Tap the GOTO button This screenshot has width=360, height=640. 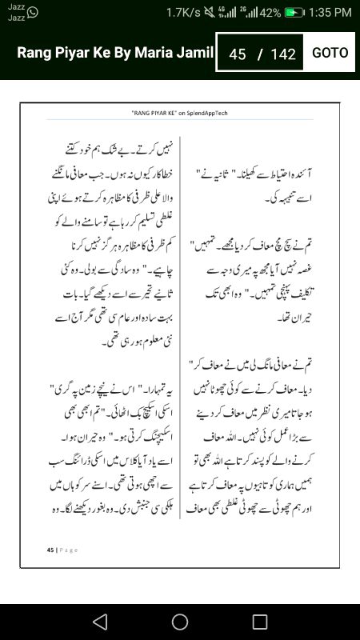[330, 53]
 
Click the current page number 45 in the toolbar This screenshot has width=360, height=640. [237, 54]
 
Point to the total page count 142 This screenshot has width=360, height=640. [283, 54]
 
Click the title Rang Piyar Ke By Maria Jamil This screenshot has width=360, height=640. [115, 53]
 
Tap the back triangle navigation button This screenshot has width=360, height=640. [99, 622]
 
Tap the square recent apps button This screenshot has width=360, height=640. [260, 622]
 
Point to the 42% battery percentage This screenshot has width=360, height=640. [270, 13]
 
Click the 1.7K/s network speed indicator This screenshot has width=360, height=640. [183, 13]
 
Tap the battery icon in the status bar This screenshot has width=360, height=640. [295, 13]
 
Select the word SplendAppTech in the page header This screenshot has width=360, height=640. [204, 114]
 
